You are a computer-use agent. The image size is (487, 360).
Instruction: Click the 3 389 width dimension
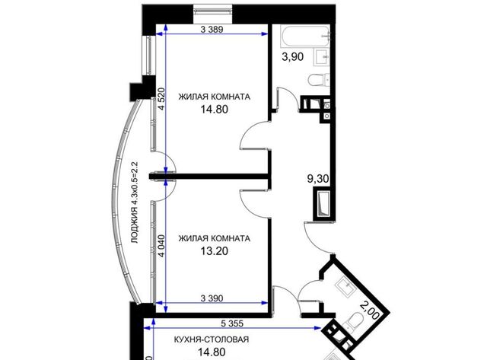click(212, 30)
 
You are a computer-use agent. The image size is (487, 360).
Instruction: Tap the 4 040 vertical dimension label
click(161, 246)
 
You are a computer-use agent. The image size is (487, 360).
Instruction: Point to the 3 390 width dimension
click(212, 298)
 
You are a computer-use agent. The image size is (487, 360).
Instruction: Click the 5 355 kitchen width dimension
click(232, 323)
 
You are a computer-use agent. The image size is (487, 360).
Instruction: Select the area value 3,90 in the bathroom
click(292, 57)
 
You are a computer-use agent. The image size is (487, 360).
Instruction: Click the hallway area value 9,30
click(318, 179)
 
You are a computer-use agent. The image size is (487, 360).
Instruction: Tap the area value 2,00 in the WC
click(370, 311)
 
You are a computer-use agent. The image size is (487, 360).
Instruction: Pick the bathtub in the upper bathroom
click(304, 36)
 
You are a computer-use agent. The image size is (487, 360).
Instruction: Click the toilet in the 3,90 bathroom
click(318, 80)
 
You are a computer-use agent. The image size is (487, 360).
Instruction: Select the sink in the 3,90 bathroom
click(321, 57)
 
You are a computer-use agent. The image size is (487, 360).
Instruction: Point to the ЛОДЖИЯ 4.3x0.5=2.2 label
click(135, 202)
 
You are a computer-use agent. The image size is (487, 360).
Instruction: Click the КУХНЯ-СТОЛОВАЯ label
click(212, 339)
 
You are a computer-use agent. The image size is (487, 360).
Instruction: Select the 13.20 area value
click(214, 251)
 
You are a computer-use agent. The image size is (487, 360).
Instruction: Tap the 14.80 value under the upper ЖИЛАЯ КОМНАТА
click(214, 110)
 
